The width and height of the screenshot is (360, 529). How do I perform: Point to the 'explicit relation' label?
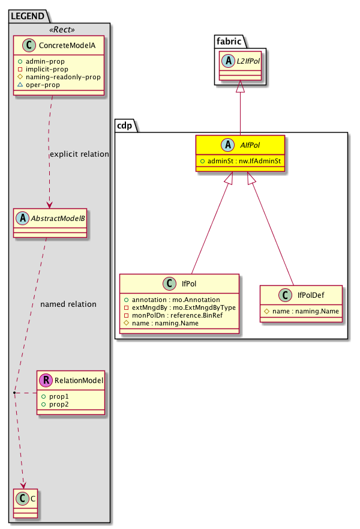click(x=79, y=154)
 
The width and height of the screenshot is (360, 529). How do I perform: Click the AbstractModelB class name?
click(x=56, y=219)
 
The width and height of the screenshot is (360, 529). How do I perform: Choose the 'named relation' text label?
click(x=68, y=304)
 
